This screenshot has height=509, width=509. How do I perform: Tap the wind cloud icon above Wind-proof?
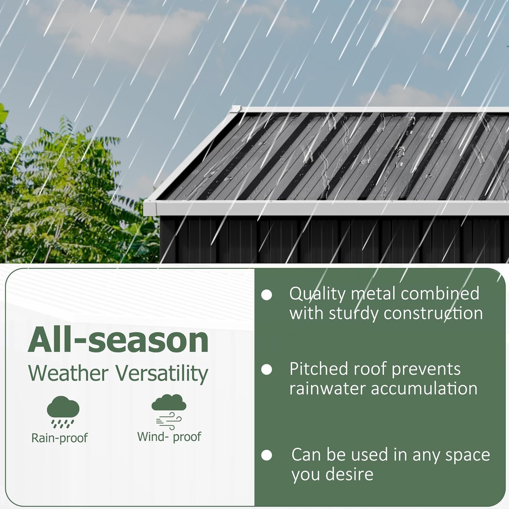click(169, 411)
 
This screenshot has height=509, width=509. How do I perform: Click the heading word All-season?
click(118, 340)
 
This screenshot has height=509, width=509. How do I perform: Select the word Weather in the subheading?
click(68, 373)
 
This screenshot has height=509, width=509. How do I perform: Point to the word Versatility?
click(162, 374)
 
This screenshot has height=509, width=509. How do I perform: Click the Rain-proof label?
click(59, 438)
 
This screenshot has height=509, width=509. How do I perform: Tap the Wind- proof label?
click(169, 437)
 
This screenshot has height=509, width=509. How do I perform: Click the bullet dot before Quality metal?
click(267, 295)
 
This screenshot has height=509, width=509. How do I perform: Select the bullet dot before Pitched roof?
click(267, 370)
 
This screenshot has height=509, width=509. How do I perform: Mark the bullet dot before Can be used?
click(267, 455)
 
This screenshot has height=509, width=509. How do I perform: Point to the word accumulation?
click(424, 388)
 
